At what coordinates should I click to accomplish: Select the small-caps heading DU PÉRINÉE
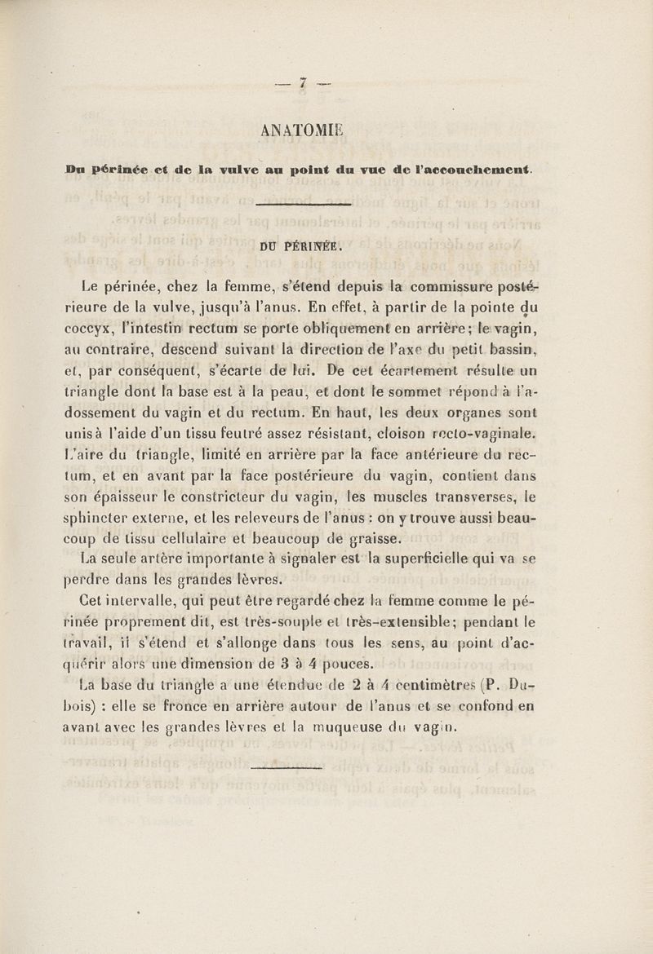coord(303,242)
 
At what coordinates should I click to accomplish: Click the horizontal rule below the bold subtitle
coord(303,205)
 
